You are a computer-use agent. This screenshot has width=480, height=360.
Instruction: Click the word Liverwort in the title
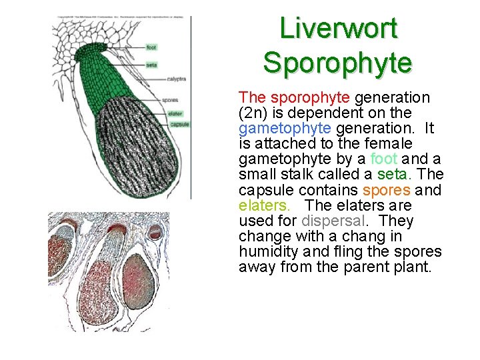pos(338,29)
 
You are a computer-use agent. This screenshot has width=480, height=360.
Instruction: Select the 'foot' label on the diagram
pos(151,47)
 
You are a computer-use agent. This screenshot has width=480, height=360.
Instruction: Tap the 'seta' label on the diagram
pos(151,65)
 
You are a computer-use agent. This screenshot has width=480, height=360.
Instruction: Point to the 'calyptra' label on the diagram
pos(176,79)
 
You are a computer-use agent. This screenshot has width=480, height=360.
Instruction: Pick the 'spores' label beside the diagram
pos(170,101)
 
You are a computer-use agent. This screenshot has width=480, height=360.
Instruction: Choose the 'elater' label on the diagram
pos(175,113)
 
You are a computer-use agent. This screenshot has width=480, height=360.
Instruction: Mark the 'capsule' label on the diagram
pos(179,125)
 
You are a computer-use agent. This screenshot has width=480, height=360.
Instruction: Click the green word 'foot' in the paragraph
pos(383,159)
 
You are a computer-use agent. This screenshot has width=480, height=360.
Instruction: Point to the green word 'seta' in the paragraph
pos(391,174)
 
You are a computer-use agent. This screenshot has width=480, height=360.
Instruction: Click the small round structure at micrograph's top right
pos(155,232)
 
